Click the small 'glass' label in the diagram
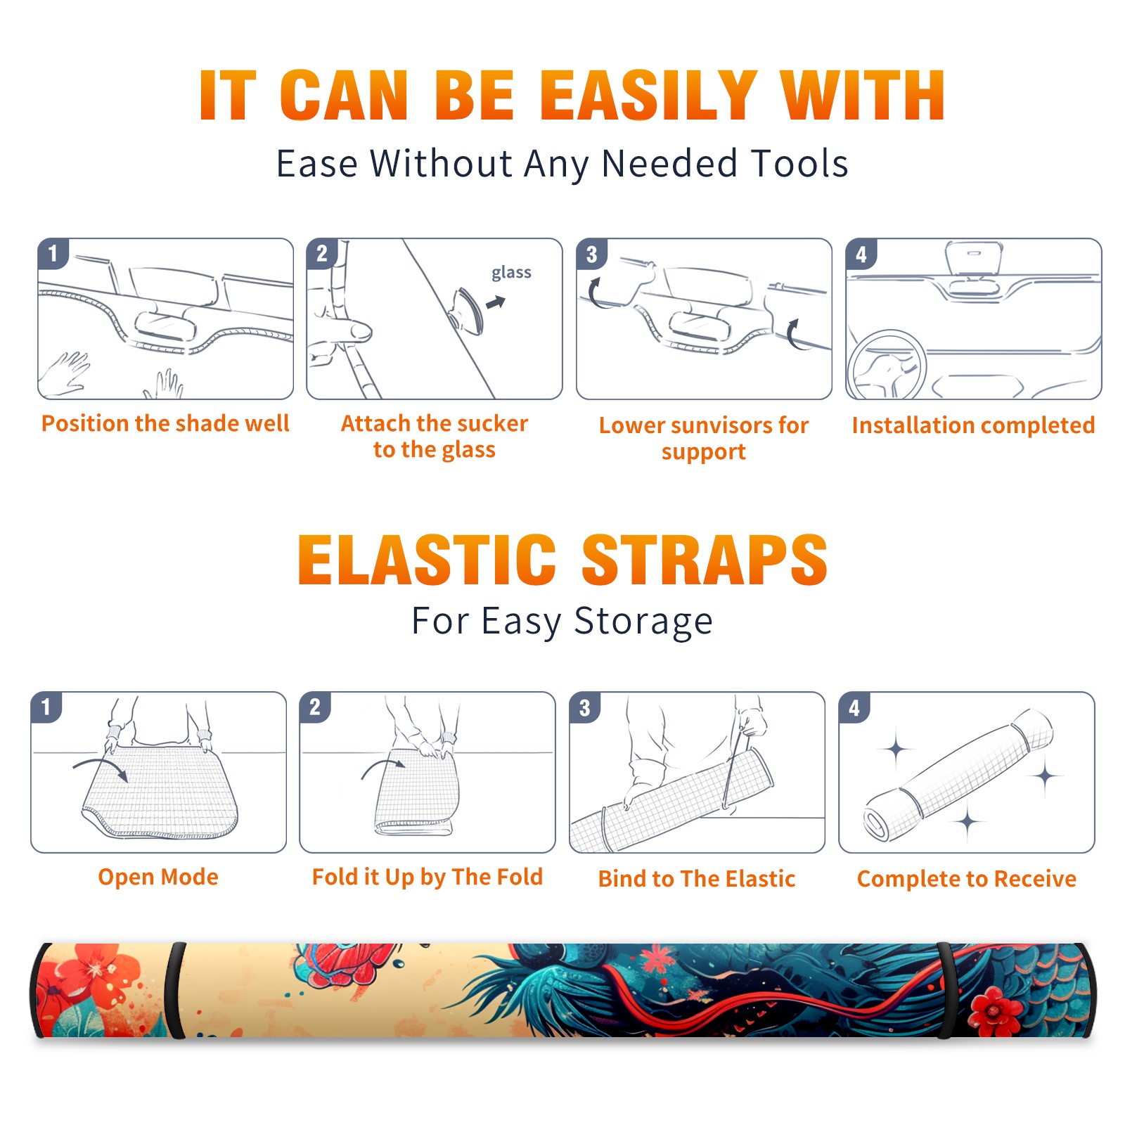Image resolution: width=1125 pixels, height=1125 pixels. point(511,272)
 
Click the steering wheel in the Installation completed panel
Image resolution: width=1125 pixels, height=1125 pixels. point(887,365)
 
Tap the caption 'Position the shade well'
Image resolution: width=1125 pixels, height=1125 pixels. point(165,423)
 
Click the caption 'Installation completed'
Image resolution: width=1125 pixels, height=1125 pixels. point(973,425)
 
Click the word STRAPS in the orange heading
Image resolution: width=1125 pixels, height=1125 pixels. point(705,560)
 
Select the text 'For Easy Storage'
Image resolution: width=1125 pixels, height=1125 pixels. point(562,621)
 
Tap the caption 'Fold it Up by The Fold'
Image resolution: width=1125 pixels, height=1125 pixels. point(427,877)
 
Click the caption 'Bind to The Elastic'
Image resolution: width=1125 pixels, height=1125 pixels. point(697,879)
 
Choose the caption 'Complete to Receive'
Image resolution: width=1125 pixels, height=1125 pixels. point(967,879)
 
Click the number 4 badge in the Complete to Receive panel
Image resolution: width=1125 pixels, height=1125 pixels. point(854,707)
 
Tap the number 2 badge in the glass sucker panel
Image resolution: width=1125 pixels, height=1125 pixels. point(322,253)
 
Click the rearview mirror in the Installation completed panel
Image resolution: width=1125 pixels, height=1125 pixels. point(973,259)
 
